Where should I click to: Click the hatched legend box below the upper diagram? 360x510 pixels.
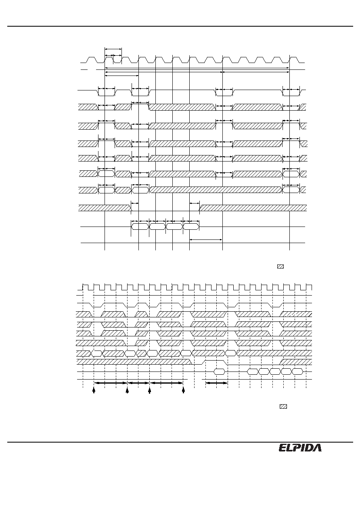click(280, 267)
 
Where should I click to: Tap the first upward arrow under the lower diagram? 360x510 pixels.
click(94, 390)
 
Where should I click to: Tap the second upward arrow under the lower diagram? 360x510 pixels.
click(128, 390)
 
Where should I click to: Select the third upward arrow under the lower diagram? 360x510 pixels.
click(149, 390)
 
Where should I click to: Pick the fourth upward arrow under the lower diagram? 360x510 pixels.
click(183, 390)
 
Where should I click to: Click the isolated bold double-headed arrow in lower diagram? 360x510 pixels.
click(216, 383)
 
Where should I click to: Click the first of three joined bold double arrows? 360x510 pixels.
click(111, 383)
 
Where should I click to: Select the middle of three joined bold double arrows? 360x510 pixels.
click(138, 383)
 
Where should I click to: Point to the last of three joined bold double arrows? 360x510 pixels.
click(167, 383)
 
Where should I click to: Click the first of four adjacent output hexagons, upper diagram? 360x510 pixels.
click(140, 227)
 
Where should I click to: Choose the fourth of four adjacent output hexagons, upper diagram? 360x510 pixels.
click(191, 227)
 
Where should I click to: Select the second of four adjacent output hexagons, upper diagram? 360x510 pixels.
click(157, 227)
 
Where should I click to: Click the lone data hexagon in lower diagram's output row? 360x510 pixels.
click(220, 371)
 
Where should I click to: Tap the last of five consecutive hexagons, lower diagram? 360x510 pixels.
click(297, 371)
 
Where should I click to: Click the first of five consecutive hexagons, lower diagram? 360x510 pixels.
click(253, 371)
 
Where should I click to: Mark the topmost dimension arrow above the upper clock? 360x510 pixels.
click(113, 49)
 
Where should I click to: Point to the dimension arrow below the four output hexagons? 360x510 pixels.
click(206, 239)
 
